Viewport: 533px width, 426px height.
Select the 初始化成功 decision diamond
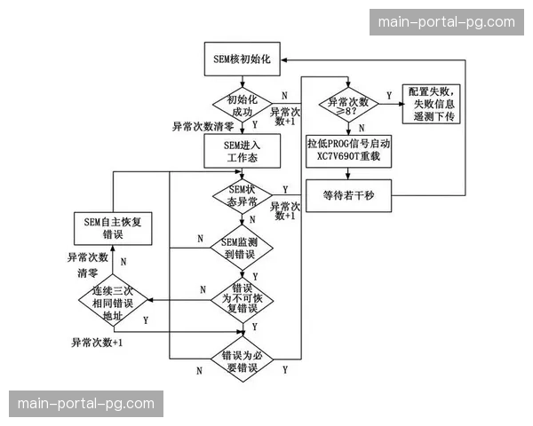243,106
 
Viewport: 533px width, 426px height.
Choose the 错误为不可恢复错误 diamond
243,299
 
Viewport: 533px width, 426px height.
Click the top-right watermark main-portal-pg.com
447,21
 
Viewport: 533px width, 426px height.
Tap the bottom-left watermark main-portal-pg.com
85,404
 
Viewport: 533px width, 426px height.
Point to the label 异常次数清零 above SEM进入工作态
203,127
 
